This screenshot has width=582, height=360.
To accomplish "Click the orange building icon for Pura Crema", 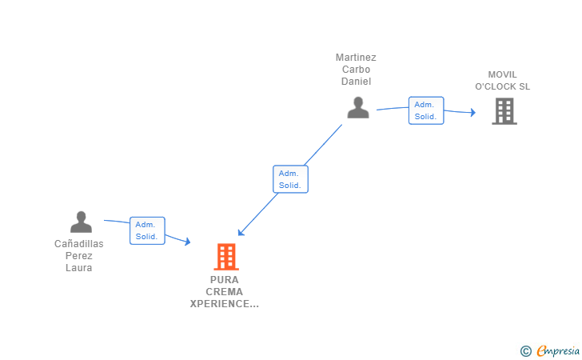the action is [x=226, y=256].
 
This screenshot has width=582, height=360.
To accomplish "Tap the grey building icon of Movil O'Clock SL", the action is [x=504, y=111].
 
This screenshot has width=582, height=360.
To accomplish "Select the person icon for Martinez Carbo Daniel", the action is [x=358, y=107].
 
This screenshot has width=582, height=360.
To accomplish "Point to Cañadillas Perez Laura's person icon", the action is [x=81, y=222].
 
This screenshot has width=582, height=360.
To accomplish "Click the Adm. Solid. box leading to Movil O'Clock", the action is [x=426, y=110].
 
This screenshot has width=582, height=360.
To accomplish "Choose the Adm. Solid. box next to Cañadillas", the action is [x=147, y=230].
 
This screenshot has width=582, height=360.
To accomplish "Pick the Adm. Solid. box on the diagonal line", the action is [x=291, y=179].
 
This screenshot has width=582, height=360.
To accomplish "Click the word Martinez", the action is [x=356, y=58].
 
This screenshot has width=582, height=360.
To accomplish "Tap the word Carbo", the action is [x=356, y=70].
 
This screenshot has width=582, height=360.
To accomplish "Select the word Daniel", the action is [x=356, y=82].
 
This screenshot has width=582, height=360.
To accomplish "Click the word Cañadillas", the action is [x=78, y=244].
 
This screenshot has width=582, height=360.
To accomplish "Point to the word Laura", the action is [x=78, y=268].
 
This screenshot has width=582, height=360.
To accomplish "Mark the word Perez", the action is [x=78, y=256].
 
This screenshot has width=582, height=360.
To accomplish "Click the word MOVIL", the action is [x=503, y=74].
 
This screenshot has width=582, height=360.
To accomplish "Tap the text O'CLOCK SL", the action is [x=503, y=86].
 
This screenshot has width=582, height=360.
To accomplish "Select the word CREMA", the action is [x=224, y=292].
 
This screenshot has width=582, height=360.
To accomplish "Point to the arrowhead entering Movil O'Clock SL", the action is [x=473, y=112].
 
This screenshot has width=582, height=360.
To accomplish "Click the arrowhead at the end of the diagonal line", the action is [x=241, y=233].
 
